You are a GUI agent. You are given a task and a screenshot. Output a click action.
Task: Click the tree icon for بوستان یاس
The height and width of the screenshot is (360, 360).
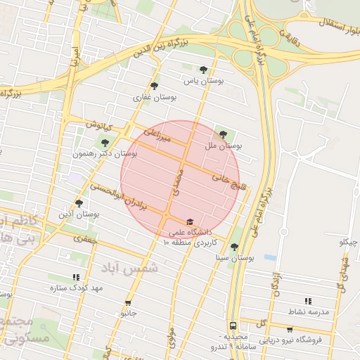[x=203, y=70]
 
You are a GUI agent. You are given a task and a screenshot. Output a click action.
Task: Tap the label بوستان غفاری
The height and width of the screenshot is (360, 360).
[x=155, y=97]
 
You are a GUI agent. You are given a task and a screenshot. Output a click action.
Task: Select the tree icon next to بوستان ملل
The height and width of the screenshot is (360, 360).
[x=223, y=134]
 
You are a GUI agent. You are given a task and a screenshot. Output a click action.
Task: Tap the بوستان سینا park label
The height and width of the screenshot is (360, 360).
[x=234, y=258]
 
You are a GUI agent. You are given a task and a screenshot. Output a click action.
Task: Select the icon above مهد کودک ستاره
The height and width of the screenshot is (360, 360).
[x=77, y=277]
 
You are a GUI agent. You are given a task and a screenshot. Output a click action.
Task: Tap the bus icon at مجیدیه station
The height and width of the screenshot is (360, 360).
[x=232, y=326]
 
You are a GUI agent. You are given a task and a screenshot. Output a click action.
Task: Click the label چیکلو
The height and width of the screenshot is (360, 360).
[x=348, y=243]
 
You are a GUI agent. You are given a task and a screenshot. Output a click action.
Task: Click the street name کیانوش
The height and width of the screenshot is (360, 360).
[x=99, y=125]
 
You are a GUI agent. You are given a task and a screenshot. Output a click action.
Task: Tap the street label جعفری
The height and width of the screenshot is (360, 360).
[x=85, y=239]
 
